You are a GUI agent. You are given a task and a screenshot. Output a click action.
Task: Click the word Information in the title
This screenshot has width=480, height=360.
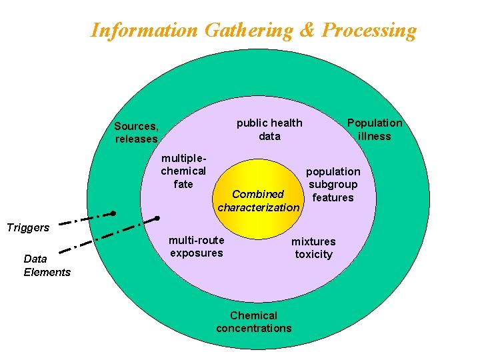(x=144, y=30)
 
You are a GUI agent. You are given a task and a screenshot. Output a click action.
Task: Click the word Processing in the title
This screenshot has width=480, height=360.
(x=369, y=30)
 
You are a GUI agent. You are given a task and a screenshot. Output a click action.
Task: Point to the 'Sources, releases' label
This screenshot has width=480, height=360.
(x=136, y=132)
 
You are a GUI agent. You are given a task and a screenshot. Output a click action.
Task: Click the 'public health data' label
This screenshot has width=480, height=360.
(x=269, y=129)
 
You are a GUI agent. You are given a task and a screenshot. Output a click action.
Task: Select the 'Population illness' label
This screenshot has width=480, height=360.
(x=375, y=129)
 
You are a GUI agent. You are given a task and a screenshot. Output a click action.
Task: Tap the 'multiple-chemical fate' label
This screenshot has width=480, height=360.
(x=183, y=171)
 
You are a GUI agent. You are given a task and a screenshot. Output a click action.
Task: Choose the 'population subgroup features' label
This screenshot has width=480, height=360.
(x=333, y=184)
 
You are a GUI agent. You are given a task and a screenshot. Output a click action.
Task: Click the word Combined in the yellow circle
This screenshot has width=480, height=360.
(x=258, y=194)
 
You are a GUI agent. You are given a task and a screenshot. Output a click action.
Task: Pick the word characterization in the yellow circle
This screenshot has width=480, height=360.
(x=259, y=207)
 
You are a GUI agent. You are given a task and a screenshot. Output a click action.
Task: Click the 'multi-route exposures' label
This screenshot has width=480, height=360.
(x=196, y=246)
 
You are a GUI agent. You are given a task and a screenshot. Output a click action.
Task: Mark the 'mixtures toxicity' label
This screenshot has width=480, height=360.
(x=313, y=247)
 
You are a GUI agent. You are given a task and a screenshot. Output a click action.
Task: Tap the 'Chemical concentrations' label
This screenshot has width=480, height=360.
(x=253, y=321)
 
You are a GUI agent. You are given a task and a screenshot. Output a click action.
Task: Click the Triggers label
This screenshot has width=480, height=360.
(x=28, y=227)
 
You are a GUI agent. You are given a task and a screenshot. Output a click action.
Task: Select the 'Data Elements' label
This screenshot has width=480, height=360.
(x=47, y=265)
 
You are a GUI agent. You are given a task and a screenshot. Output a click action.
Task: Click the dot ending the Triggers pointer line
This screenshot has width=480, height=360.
(x=113, y=213)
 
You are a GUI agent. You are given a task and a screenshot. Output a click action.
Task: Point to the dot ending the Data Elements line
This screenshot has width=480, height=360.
(x=157, y=218)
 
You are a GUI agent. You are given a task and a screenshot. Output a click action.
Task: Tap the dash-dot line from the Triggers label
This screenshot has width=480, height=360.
(x=83, y=218)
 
